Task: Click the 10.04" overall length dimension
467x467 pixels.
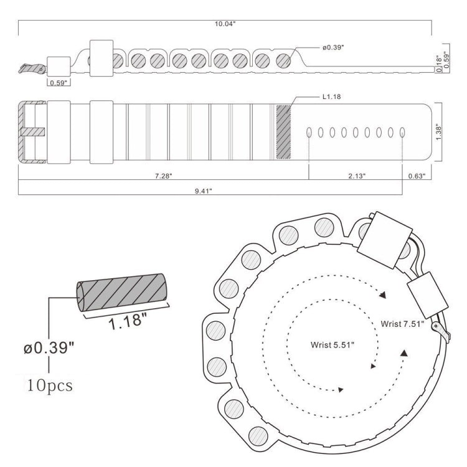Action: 225,24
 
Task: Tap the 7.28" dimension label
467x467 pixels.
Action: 164,176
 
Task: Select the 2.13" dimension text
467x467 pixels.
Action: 357,176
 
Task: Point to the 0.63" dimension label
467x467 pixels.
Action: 417,176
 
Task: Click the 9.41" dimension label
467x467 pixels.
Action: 204,191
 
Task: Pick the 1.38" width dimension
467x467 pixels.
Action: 438,132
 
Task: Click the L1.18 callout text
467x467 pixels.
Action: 331,97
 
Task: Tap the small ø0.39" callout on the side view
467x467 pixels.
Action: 333,48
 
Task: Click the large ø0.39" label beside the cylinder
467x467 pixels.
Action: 49,347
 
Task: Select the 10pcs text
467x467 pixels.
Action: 50,385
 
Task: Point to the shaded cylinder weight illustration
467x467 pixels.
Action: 121,293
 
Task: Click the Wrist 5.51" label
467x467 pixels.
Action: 333,345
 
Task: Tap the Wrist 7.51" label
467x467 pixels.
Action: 402,324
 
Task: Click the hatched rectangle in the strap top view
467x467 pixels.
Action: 283,132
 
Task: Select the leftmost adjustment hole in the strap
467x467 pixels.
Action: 309,132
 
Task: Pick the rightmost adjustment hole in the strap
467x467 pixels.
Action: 402,132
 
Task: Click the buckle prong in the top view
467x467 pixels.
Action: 33,132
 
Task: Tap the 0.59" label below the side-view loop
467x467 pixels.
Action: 59,83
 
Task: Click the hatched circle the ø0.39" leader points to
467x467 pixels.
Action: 283,61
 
